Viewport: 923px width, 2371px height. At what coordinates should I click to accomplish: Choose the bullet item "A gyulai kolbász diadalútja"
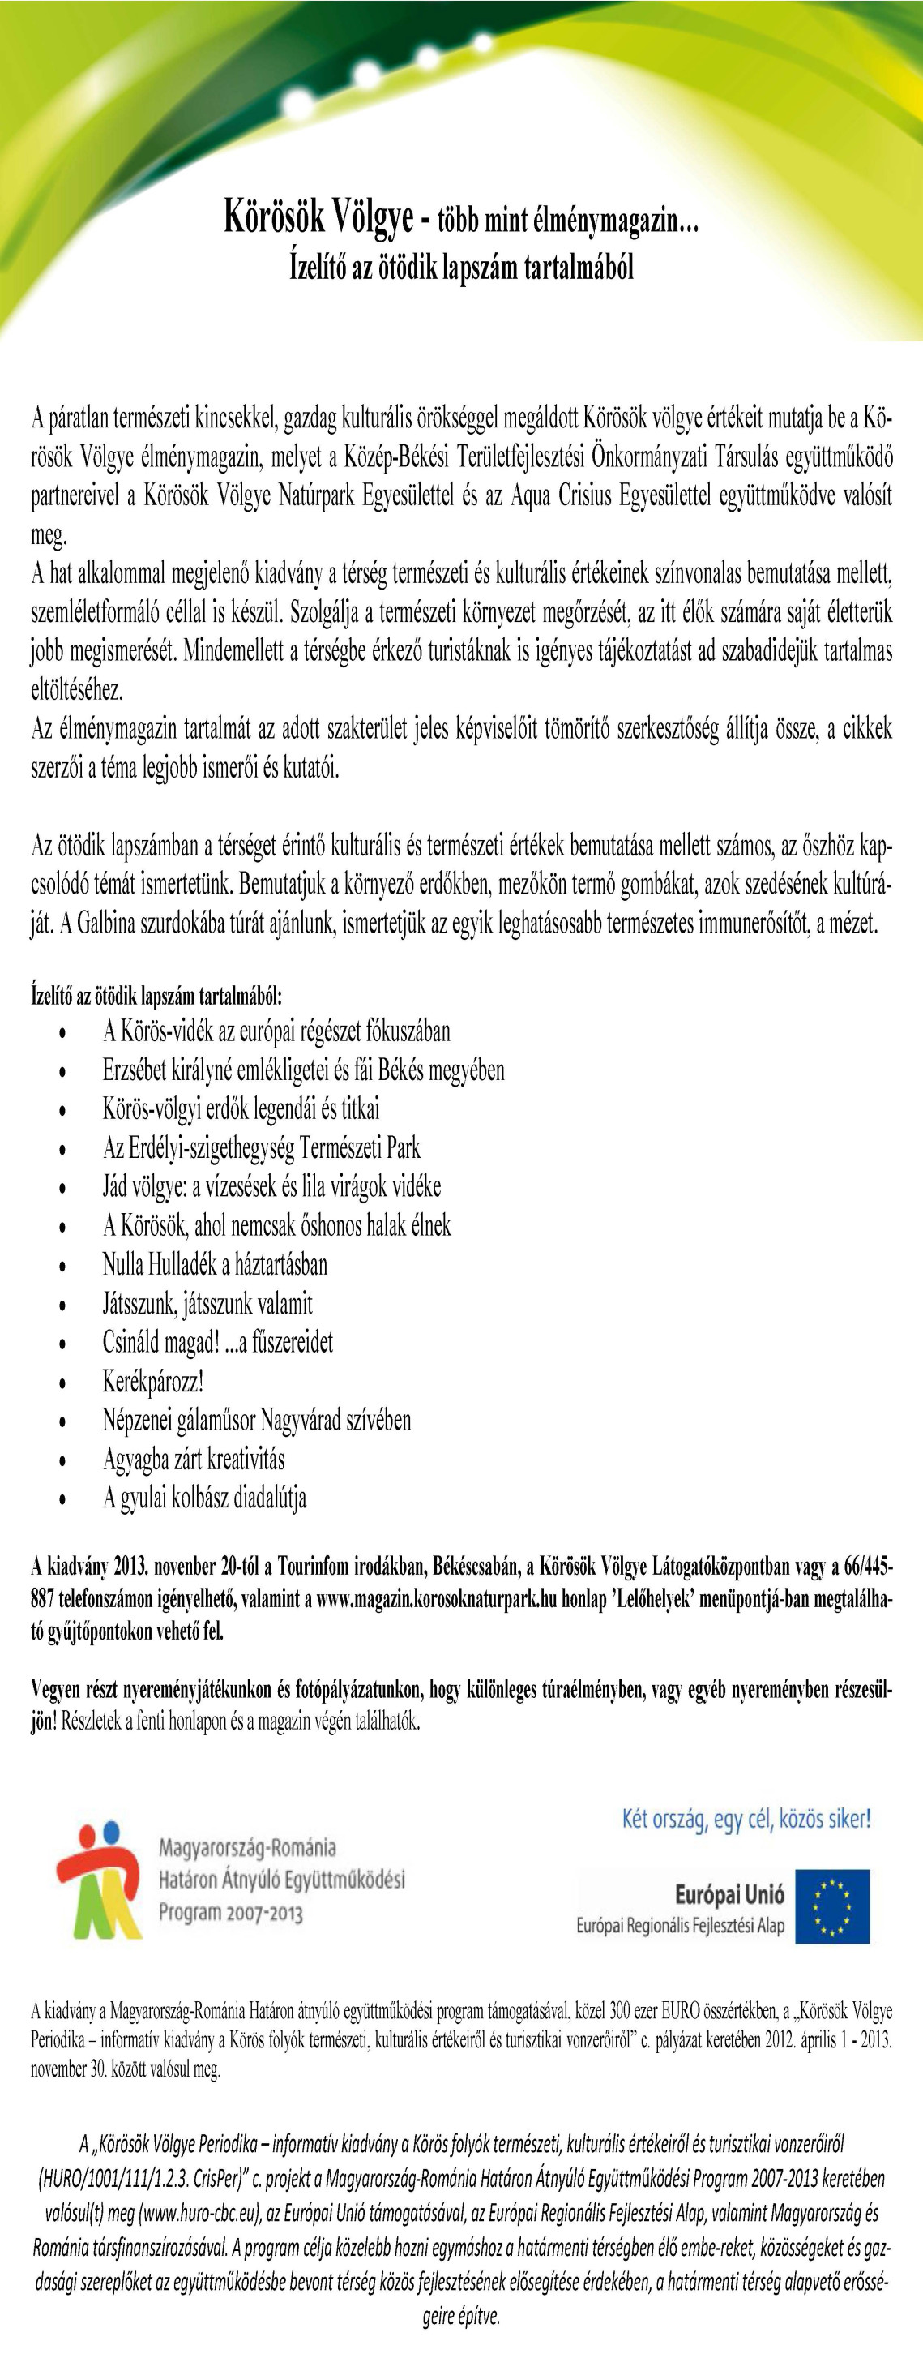point(204,1498)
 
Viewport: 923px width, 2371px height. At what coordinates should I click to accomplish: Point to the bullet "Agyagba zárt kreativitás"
point(193,1459)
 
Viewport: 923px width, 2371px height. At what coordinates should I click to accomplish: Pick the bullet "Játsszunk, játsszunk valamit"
point(207,1303)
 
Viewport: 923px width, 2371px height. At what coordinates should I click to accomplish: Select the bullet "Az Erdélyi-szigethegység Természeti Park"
point(262,1147)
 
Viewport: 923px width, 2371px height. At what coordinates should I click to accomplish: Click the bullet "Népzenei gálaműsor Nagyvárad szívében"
point(257,1419)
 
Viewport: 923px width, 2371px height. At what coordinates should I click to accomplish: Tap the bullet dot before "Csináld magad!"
point(62,1344)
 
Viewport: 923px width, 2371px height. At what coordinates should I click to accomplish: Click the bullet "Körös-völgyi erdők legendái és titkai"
point(241,1108)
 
